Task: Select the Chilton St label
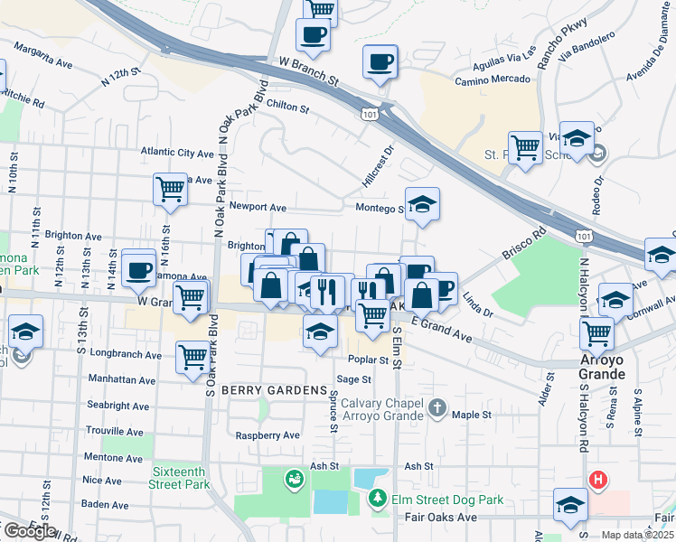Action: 287,107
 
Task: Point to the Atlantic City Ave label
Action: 176,153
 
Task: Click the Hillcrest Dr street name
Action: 379,167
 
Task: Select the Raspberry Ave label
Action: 267,435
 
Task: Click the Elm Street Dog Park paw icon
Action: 377,498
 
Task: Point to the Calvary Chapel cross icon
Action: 437,407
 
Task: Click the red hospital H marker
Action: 596,480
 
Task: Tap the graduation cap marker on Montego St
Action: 421,205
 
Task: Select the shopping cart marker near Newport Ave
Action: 169,189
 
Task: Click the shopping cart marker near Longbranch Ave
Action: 192,357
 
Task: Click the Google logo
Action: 28,531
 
